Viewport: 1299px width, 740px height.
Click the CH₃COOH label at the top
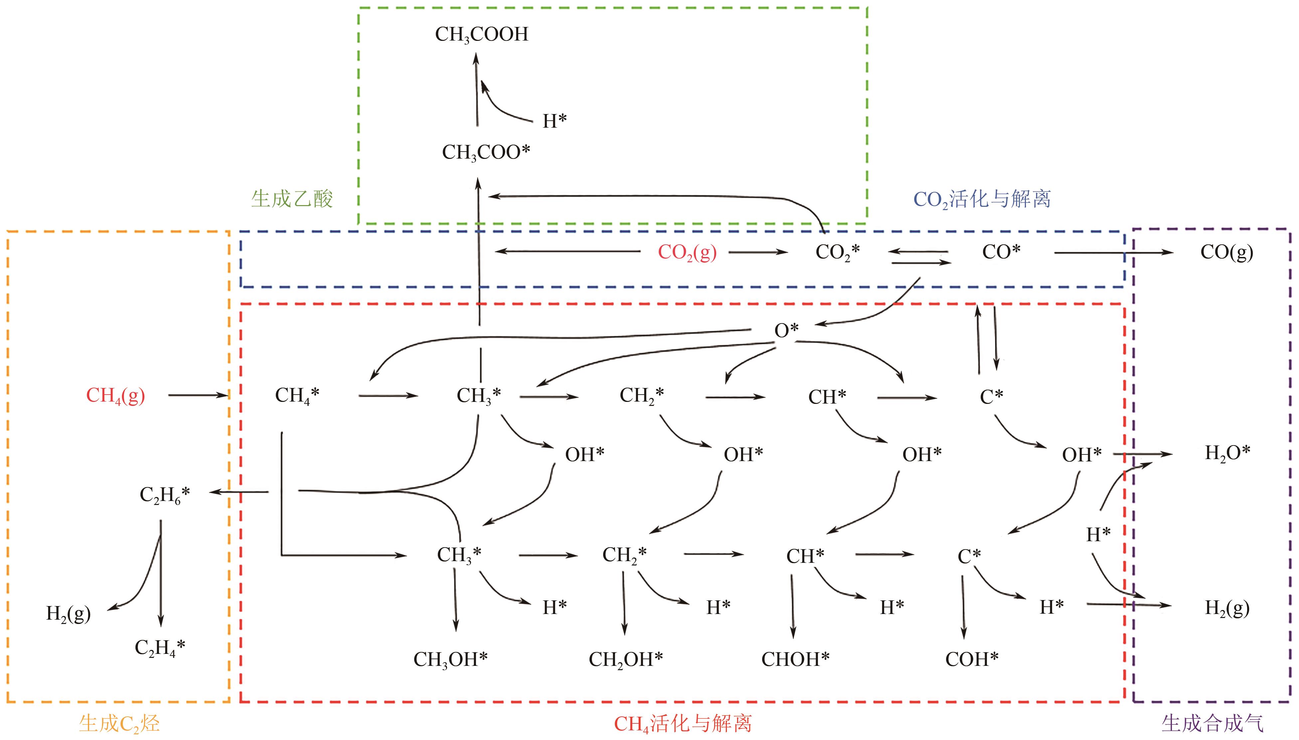[481, 35]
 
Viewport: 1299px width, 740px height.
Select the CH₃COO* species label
[486, 152]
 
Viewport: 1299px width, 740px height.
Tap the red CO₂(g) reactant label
[687, 252]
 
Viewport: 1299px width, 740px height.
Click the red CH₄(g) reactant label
[115, 395]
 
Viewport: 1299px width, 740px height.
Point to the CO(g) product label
[1226, 252]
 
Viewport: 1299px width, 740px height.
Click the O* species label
[786, 330]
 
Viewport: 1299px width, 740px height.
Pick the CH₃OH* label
[450, 660]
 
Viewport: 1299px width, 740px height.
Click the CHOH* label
[795, 660]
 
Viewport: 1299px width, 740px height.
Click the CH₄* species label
[297, 395]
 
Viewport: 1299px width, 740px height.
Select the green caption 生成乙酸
[292, 199]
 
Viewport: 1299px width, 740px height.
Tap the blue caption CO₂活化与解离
[982, 199]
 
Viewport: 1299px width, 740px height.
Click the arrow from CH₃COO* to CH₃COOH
[476, 91]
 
